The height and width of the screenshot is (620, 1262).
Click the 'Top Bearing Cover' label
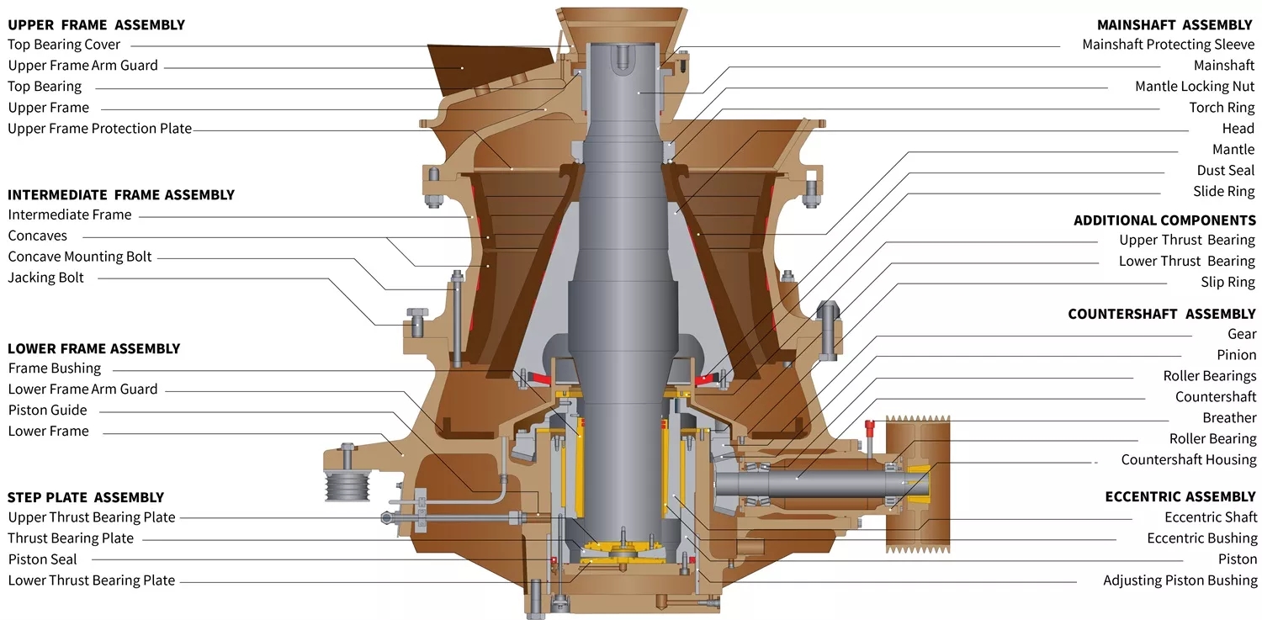pos(64,45)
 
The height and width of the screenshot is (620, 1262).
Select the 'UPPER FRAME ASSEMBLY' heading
pos(96,24)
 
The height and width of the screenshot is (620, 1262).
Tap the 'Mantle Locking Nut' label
pos(1194,87)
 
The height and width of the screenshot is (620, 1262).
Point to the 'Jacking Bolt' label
pos(45,278)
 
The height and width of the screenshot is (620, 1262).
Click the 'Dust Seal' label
pos(1225,171)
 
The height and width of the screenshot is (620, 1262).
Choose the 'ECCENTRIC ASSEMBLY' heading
pos(1180,496)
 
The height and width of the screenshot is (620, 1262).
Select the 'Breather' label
pos(1228,418)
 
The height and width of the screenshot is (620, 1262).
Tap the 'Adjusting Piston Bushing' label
pos(1180,580)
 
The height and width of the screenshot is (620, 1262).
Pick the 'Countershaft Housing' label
pos(1188,460)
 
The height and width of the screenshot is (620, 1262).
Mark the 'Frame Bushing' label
pos(55,368)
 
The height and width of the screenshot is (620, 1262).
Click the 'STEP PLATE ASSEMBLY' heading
pos(86,497)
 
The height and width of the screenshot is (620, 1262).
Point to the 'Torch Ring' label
pos(1221,108)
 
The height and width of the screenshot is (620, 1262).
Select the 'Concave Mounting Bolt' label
pos(80,257)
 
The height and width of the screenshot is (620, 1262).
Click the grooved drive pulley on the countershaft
pos(916,484)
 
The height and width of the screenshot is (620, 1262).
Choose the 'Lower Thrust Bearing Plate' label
pos(92,580)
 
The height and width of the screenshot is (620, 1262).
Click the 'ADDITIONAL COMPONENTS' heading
pos(1164,220)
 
